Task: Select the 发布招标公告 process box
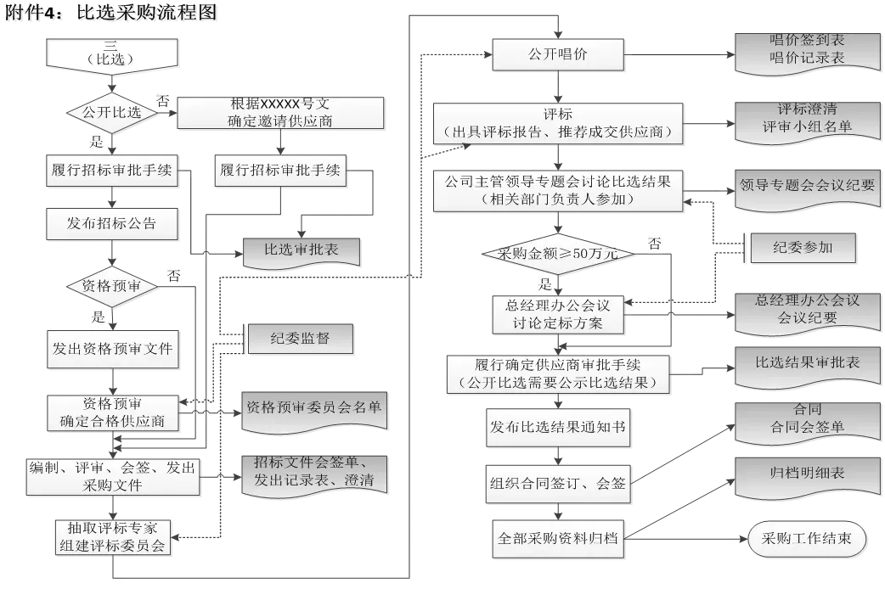[x=112, y=224]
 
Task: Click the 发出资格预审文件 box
[x=112, y=349]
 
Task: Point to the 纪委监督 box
[x=300, y=339]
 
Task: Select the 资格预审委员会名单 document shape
[x=313, y=408]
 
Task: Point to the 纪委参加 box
[x=803, y=248]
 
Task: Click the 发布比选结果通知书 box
[x=558, y=427]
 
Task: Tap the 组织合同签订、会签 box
[x=558, y=483]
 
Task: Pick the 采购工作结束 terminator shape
[x=807, y=538]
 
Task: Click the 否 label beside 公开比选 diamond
[x=163, y=99]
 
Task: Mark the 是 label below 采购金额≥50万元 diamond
[x=545, y=283]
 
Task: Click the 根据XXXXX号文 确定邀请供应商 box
[x=281, y=113]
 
